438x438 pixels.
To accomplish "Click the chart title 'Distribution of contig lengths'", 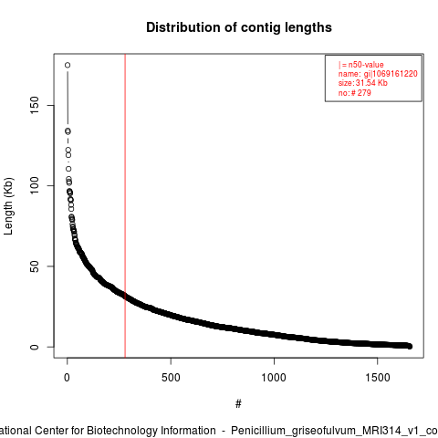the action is tap(239, 27).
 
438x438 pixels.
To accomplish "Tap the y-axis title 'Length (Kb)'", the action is tap(8, 206).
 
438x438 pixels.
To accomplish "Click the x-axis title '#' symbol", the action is tap(238, 404).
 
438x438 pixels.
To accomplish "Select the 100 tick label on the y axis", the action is tap(35, 185).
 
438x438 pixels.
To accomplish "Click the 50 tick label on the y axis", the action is tap(35, 266).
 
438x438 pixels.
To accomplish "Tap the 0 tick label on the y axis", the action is tap(35, 347).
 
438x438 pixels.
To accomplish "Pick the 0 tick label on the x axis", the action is tap(67, 378).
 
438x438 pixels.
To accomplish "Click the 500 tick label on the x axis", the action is tap(171, 378).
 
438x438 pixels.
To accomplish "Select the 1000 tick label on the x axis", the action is tap(274, 378).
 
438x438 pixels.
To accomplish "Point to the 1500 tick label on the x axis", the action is tap(378, 378).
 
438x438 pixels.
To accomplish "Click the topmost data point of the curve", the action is tap(68, 65).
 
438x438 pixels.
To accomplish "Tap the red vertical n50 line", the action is tap(125, 205).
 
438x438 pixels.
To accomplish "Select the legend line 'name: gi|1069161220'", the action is tap(378, 74).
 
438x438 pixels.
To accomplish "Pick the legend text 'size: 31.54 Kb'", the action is tap(362, 83).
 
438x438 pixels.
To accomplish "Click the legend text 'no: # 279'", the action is tap(355, 93).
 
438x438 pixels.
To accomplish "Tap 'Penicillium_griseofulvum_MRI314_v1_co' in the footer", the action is tap(334, 431).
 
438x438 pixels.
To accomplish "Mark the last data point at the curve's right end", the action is tap(410, 346).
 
